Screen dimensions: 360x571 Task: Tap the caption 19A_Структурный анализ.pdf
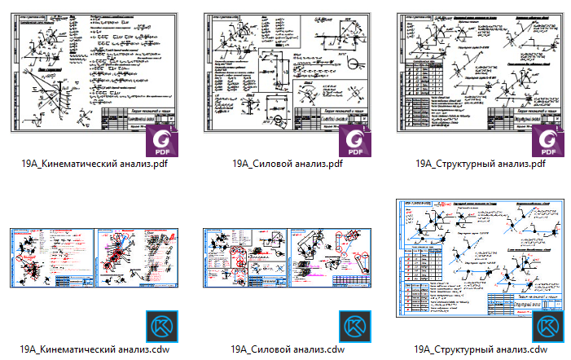click(480, 163)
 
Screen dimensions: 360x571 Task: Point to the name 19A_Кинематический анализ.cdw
click(94, 349)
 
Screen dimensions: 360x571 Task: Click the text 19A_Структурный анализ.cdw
click(480, 349)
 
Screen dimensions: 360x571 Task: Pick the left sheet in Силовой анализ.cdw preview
click(244, 257)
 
